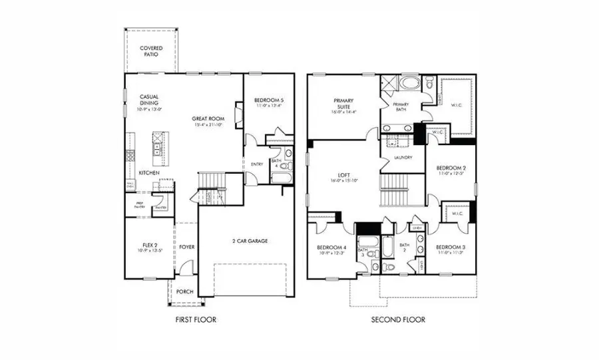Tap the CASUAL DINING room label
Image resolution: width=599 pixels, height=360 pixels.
click(x=148, y=100)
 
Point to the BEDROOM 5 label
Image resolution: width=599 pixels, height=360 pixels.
click(x=269, y=102)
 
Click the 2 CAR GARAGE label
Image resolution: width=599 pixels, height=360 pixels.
click(x=250, y=241)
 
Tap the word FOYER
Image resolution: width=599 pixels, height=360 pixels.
click(x=187, y=247)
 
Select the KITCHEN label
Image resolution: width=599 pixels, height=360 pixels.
click(x=148, y=173)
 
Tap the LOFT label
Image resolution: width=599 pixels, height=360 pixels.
click(x=343, y=177)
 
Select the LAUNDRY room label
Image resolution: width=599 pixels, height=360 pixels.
click(x=403, y=158)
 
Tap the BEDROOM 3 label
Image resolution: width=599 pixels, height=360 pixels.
click(x=452, y=250)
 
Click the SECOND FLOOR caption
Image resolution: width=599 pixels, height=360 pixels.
click(x=398, y=319)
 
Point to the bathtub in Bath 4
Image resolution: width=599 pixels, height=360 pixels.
click(x=280, y=178)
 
